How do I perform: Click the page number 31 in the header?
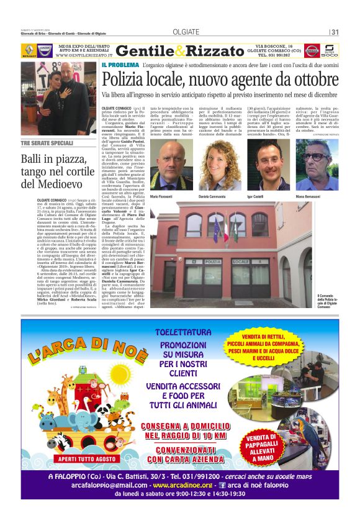(335, 32)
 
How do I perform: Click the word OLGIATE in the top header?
(184, 32)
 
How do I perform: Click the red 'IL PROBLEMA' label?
(120, 64)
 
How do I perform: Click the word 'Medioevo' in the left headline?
(49, 183)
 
